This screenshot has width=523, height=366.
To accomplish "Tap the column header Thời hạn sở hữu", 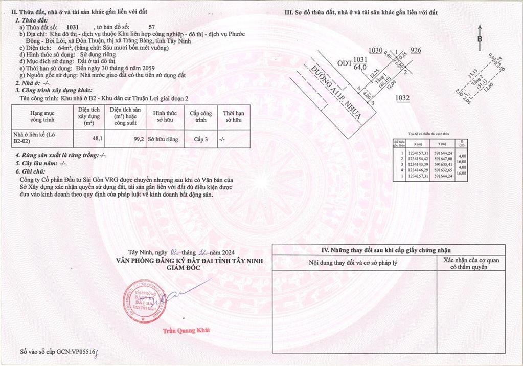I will [233, 116].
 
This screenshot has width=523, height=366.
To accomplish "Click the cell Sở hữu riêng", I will [163, 139].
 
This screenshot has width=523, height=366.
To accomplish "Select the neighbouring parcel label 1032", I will [403, 98].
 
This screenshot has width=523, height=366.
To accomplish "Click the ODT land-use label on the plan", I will [345, 62].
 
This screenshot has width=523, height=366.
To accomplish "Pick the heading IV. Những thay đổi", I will [386, 250].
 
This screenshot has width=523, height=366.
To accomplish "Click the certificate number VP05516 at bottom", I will [82, 352].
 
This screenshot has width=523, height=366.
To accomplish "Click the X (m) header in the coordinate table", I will [419, 144].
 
